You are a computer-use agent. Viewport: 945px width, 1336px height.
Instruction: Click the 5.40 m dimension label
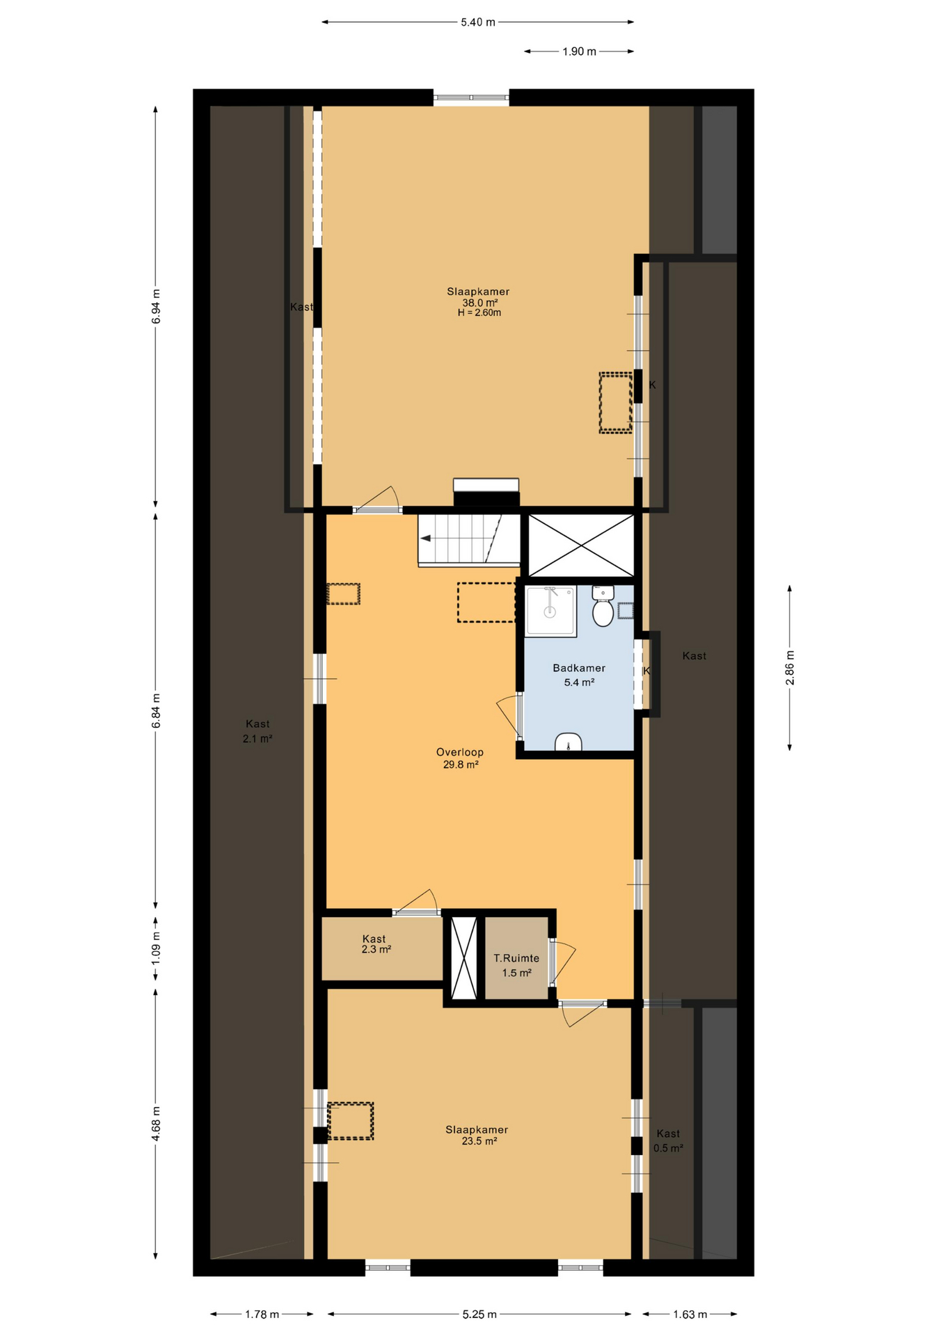click(x=478, y=22)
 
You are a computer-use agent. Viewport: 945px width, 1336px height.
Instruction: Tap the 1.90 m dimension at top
click(x=579, y=51)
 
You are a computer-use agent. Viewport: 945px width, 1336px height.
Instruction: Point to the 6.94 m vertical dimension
click(x=156, y=306)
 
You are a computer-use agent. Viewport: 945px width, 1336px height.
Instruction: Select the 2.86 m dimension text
click(x=790, y=668)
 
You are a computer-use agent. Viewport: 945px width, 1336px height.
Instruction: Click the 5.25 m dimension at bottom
click(x=479, y=1314)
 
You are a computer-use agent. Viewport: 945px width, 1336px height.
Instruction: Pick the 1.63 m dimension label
click(x=690, y=1314)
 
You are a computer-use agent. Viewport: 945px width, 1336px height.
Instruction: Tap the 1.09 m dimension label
click(x=156, y=948)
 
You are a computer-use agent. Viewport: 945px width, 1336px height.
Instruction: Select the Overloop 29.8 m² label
click(x=460, y=758)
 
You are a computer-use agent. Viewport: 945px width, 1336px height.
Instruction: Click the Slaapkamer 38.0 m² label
click(x=478, y=297)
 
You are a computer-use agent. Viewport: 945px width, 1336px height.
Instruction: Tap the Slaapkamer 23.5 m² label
click(x=477, y=1136)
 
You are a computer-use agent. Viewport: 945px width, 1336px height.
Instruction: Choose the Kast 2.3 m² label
click(x=374, y=944)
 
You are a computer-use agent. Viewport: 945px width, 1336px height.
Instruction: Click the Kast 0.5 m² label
click(x=668, y=1141)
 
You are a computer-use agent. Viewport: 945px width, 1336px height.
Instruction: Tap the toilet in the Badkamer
click(x=603, y=606)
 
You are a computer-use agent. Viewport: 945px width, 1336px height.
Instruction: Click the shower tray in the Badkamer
click(x=550, y=611)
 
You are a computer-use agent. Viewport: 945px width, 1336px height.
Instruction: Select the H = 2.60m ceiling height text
click(x=479, y=313)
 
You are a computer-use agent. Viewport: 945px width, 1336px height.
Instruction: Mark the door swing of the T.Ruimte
click(x=565, y=962)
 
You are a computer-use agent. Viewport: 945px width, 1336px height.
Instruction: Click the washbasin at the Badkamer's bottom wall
click(x=569, y=742)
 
